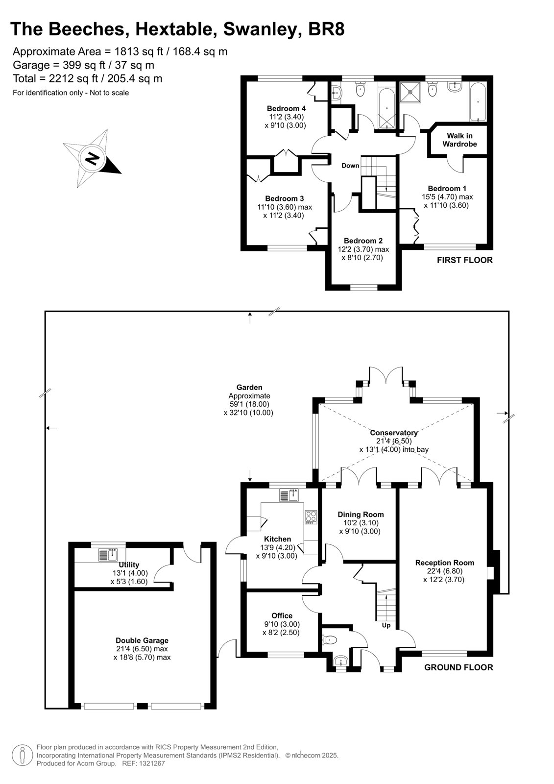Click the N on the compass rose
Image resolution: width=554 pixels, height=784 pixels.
tap(93, 159)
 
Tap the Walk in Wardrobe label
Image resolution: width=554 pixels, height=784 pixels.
tap(459, 140)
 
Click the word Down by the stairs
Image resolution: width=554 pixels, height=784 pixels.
tap(350, 166)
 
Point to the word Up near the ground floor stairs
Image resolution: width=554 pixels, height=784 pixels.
tap(386, 625)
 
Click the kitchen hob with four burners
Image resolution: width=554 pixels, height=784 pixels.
tap(311, 517)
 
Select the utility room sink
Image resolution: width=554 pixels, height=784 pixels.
tap(108, 555)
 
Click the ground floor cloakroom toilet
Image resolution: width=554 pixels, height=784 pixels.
tap(329, 640)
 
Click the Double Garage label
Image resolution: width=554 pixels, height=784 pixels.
tap(142, 640)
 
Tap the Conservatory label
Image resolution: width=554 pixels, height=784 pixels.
tap(394, 433)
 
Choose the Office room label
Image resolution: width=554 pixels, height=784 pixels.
tap(282, 615)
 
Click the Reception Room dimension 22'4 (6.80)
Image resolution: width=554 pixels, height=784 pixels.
tap(444, 571)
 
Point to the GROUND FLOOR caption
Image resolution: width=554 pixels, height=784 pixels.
tap(458, 667)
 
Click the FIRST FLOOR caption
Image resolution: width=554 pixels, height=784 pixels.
tap(465, 260)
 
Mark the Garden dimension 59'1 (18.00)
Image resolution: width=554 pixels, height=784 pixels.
tap(249, 404)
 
